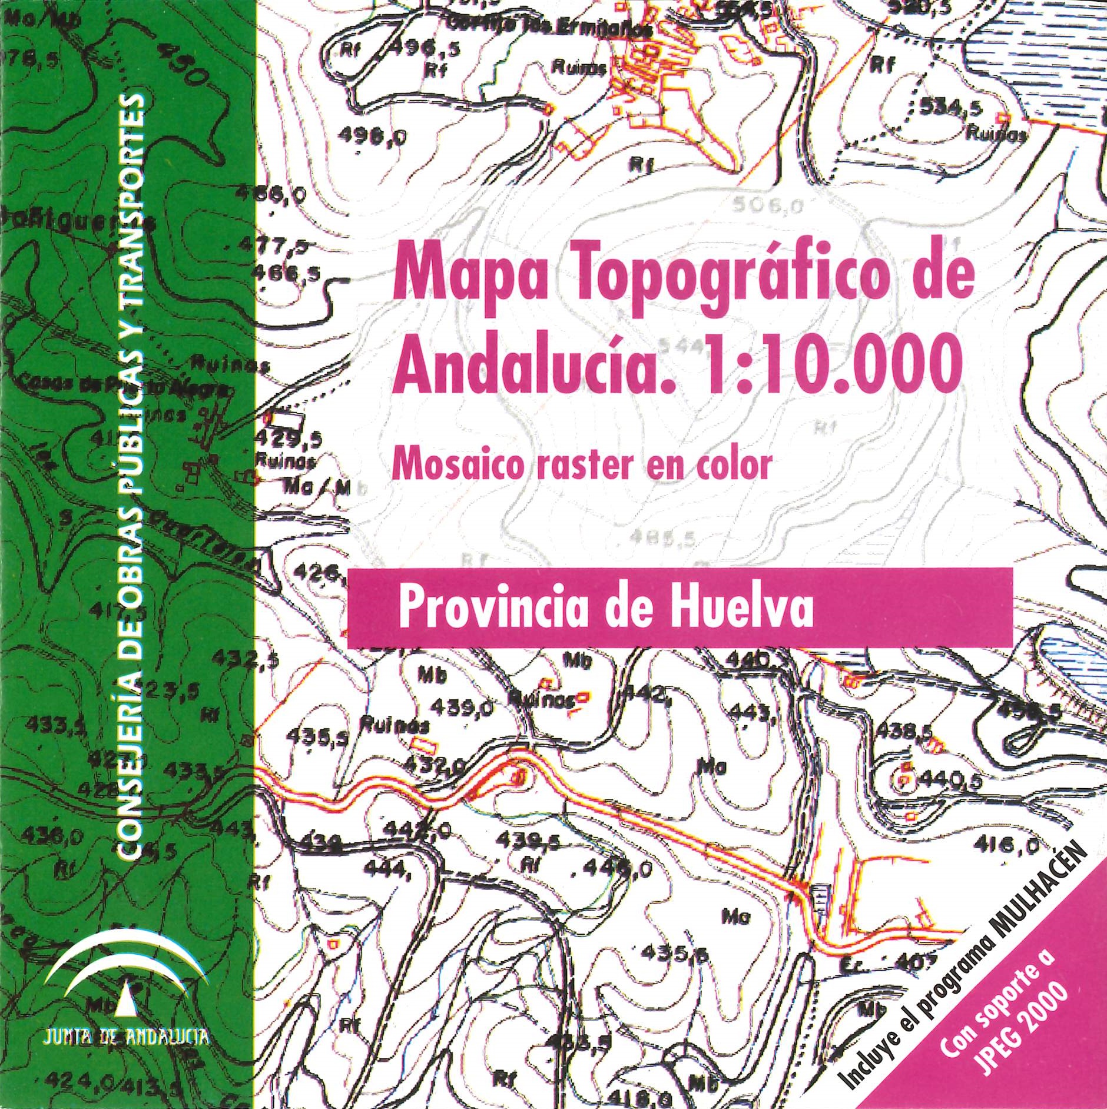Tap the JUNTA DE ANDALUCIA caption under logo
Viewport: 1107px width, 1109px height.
(x=126, y=1035)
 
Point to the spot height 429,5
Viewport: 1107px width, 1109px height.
(x=287, y=439)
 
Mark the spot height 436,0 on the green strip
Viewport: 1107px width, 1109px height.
(x=45, y=835)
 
